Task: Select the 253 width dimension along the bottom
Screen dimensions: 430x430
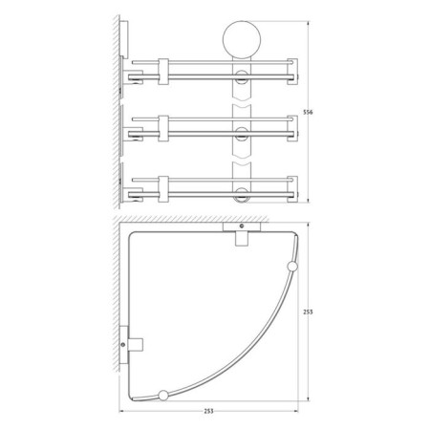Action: tap(208, 411)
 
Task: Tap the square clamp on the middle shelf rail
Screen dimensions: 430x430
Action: tap(162, 126)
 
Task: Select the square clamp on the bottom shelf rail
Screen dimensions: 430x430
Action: tap(162, 183)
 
